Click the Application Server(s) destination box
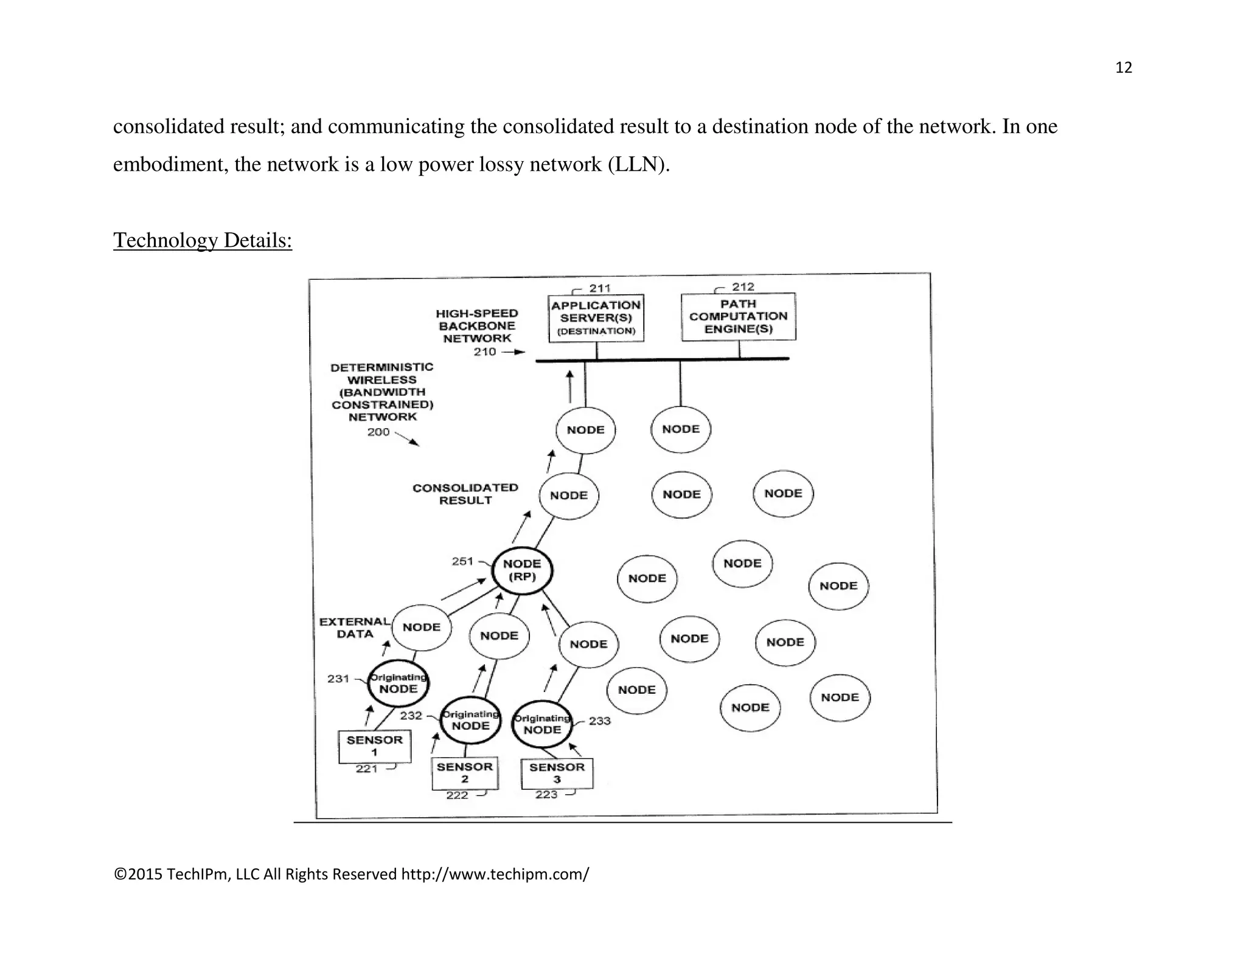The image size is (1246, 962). (596, 318)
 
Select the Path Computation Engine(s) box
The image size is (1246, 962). (738, 317)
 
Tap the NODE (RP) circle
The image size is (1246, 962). (522, 570)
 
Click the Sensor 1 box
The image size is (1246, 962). (375, 746)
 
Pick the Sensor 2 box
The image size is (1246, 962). (465, 773)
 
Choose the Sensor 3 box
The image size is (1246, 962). (557, 773)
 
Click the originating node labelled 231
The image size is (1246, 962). (399, 683)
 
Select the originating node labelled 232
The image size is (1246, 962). (470, 720)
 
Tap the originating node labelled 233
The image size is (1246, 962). (542, 724)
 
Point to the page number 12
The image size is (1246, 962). (1123, 67)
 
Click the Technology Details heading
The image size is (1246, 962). (203, 240)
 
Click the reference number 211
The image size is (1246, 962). (600, 288)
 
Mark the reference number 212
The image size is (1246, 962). (743, 286)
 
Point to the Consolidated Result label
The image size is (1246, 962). (465, 494)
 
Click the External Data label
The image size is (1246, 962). (355, 628)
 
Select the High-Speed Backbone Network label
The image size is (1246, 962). (477, 326)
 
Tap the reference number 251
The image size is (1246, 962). (462, 561)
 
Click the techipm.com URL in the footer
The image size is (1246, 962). (495, 874)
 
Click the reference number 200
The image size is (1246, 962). (378, 432)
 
